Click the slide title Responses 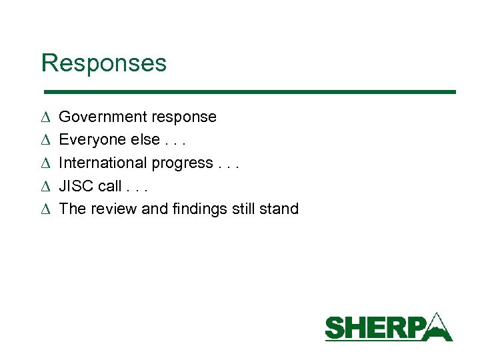click(103, 63)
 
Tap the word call click(109, 186)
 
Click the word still click(244, 209)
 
